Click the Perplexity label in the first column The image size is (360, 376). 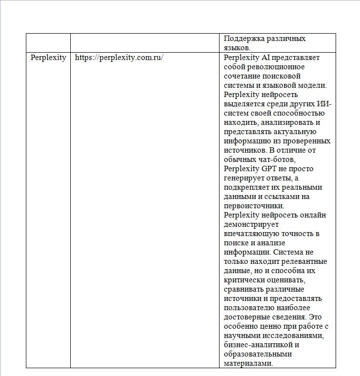pyautogui.click(x=48, y=58)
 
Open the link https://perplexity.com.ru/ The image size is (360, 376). pyautogui.click(x=119, y=58)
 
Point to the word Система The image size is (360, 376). pyautogui.click(x=288, y=252)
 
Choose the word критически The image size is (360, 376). pyautogui.click(x=247, y=280)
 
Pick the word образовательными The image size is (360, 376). pyautogui.click(x=258, y=354)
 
